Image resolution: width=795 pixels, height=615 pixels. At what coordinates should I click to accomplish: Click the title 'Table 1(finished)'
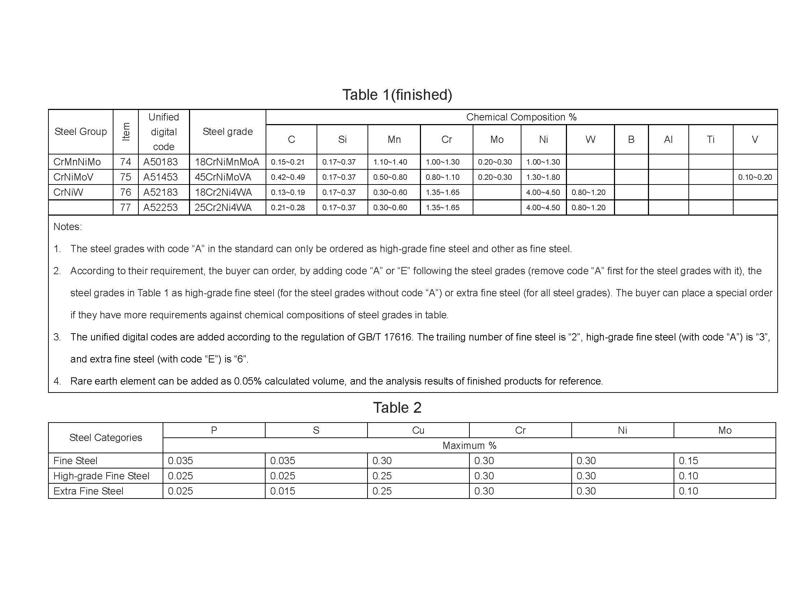(397, 95)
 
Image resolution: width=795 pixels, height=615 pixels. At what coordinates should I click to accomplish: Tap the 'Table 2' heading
(397, 407)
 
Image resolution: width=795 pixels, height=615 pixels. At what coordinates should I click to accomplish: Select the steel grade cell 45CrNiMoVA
(223, 177)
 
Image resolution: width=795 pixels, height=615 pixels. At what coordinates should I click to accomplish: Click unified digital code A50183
(160, 162)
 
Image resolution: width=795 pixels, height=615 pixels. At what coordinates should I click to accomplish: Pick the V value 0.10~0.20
(755, 177)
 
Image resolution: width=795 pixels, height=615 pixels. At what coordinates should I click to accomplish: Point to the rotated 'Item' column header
(126, 132)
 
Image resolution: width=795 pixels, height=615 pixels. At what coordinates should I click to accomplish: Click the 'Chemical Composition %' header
(521, 117)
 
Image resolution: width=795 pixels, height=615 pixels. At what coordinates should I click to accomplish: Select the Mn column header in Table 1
(394, 140)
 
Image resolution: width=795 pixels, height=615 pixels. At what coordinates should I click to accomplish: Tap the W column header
(590, 140)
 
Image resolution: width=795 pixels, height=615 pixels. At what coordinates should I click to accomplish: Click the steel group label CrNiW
(68, 192)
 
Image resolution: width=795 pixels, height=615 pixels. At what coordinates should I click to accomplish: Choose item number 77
(126, 207)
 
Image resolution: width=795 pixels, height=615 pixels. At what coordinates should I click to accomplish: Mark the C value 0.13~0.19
(288, 192)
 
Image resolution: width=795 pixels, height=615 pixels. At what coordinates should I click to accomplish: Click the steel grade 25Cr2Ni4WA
(223, 207)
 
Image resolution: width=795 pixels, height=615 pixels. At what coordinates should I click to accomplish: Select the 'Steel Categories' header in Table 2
(106, 438)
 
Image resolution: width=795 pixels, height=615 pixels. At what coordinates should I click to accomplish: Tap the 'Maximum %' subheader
(469, 446)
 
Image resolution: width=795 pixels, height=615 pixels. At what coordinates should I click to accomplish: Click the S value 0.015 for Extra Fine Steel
(283, 491)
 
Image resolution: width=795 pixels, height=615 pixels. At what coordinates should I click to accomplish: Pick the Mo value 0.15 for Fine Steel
(688, 461)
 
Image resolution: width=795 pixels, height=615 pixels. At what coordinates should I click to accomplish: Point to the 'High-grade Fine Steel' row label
(101, 476)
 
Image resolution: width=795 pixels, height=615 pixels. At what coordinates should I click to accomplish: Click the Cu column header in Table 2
(418, 430)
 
